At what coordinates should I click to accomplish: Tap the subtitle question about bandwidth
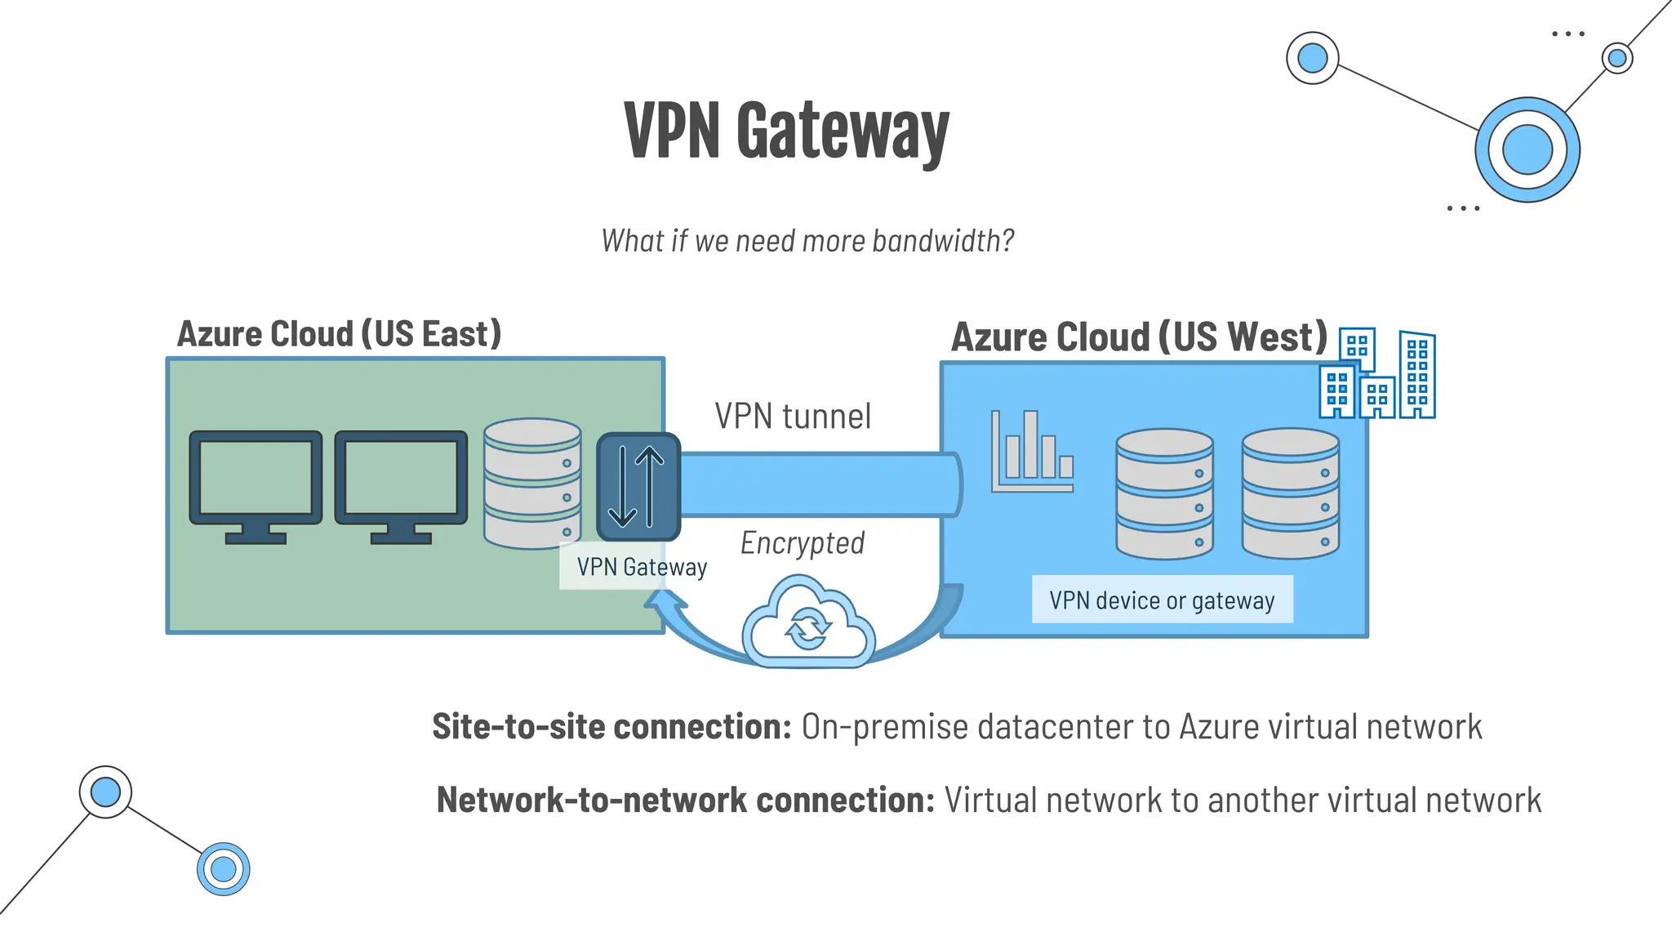(x=807, y=241)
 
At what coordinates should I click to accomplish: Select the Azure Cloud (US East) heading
(x=339, y=334)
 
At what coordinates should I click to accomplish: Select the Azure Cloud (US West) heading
(x=1139, y=337)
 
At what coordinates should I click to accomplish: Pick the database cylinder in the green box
(x=532, y=484)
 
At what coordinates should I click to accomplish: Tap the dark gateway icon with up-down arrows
(x=638, y=487)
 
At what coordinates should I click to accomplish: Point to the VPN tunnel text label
(x=793, y=417)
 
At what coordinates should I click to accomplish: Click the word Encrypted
(x=803, y=543)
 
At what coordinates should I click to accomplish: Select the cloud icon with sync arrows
(x=808, y=622)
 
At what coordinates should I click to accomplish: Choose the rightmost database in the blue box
(x=1290, y=493)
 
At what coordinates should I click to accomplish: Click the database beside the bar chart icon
(x=1164, y=493)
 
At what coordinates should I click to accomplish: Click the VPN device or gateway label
(x=1162, y=600)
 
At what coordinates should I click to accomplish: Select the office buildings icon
(x=1378, y=375)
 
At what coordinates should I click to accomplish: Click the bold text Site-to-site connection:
(x=611, y=727)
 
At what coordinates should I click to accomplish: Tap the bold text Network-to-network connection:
(x=685, y=801)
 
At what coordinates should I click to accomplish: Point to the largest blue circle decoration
(x=1527, y=150)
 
